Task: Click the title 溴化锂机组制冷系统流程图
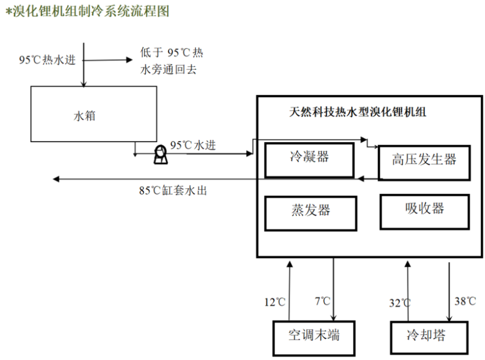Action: [87, 11]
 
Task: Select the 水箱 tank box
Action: [93, 114]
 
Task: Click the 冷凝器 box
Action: [309, 159]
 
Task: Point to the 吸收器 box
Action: [424, 211]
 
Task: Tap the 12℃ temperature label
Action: [275, 302]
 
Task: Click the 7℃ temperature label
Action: [322, 302]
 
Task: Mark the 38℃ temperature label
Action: [465, 302]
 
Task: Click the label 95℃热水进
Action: [47, 59]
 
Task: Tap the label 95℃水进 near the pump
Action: [193, 145]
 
